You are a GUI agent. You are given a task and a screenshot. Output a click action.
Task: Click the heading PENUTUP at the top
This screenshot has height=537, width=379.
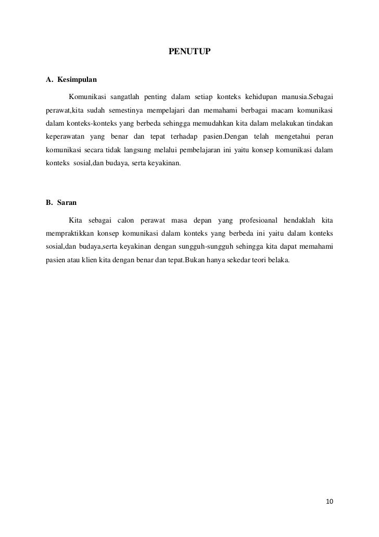189,52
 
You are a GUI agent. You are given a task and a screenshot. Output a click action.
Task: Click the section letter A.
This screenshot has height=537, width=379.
49,80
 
